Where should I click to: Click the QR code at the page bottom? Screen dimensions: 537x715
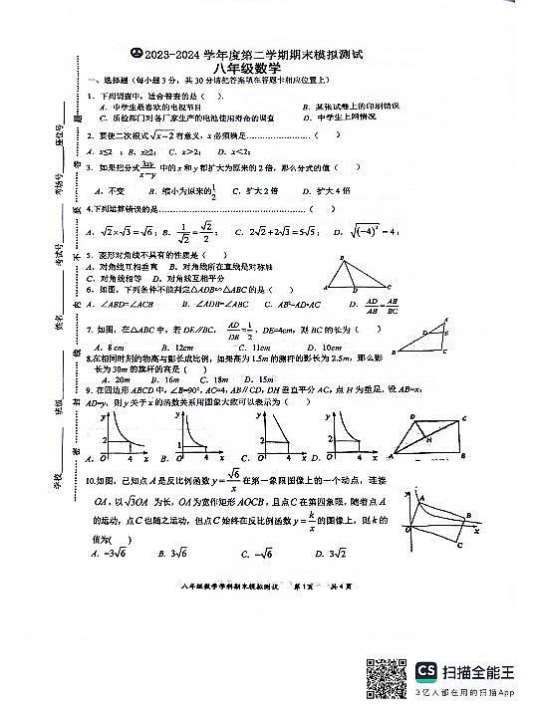(387, 677)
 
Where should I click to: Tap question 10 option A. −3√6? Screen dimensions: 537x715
(109, 554)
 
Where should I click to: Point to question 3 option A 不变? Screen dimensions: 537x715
(110, 190)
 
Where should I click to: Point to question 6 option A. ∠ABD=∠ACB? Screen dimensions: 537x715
(120, 304)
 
